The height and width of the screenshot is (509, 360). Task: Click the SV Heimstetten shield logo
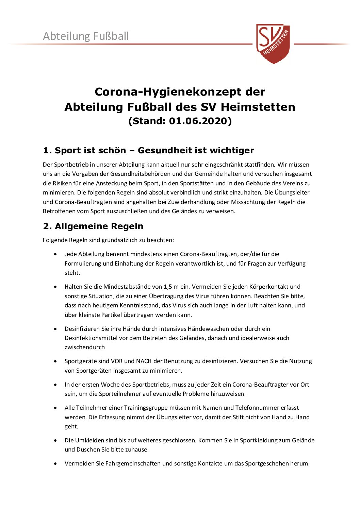(273, 43)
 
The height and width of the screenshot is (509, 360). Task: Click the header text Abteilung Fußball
(86, 36)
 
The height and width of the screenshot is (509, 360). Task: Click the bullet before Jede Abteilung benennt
(55, 254)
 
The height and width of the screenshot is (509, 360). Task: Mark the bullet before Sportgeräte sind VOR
(55, 361)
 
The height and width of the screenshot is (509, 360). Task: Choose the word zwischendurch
(85, 347)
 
